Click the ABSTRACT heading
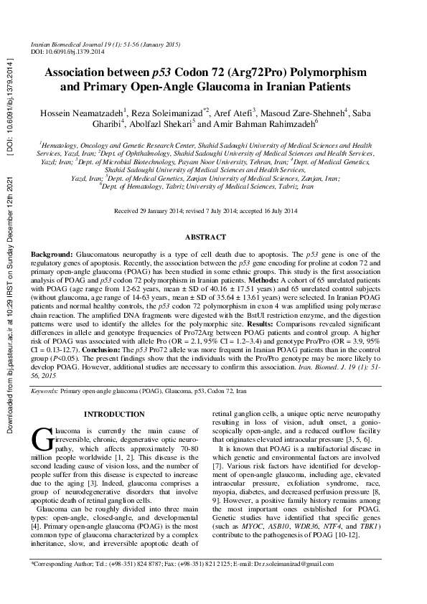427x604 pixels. [x=205, y=237]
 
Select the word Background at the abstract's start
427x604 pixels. [x=51, y=255]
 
